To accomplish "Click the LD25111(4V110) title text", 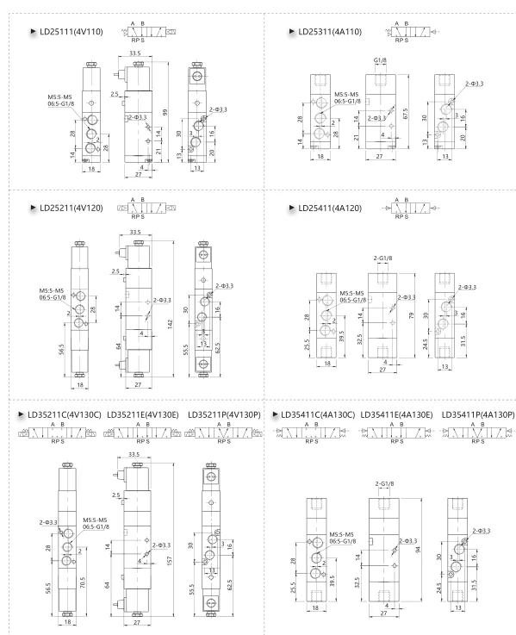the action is [x=71, y=32].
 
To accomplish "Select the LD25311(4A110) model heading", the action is [x=330, y=32].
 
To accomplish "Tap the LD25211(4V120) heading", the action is [x=71, y=209].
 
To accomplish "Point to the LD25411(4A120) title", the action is [x=330, y=209].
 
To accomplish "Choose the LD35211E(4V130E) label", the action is [x=143, y=414].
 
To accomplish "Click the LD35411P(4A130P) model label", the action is [x=478, y=414].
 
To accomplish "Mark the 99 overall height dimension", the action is [x=165, y=112].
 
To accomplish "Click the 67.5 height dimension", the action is [x=406, y=114].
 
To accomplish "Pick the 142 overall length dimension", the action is [x=170, y=324].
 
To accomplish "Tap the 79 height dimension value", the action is [x=412, y=315].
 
